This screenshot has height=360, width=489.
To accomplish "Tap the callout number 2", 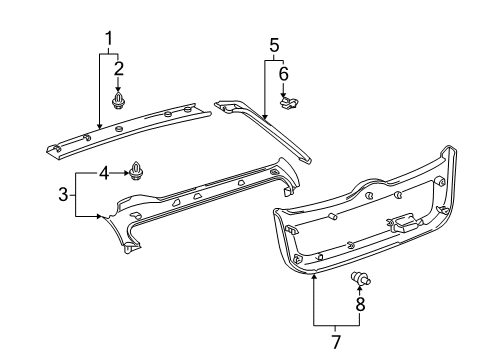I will pyautogui.click(x=119, y=68).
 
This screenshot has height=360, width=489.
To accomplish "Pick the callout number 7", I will pyautogui.click(x=336, y=343).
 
